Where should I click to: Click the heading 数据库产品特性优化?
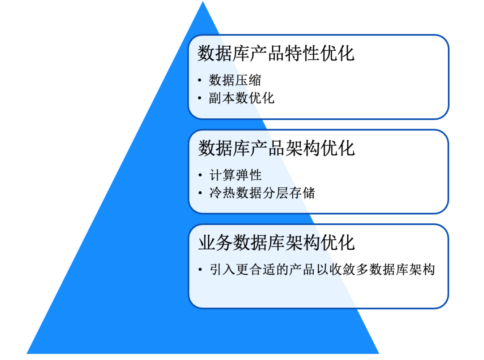(276, 53)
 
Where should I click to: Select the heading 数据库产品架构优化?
(276, 148)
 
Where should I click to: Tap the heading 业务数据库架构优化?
(276, 243)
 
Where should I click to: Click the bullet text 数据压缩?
(235, 81)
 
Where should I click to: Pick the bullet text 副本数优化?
(242, 98)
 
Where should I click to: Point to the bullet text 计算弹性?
(235, 175)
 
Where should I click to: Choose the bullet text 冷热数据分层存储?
(262, 193)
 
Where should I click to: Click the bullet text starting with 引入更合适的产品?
(322, 270)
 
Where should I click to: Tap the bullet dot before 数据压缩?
(200, 81)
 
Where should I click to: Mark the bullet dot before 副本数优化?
(200, 99)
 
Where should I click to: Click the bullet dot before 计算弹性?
(200, 176)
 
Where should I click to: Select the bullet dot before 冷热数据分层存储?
(200, 194)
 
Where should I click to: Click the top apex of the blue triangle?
(203, 2)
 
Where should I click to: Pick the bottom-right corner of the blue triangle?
(378, 353)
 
